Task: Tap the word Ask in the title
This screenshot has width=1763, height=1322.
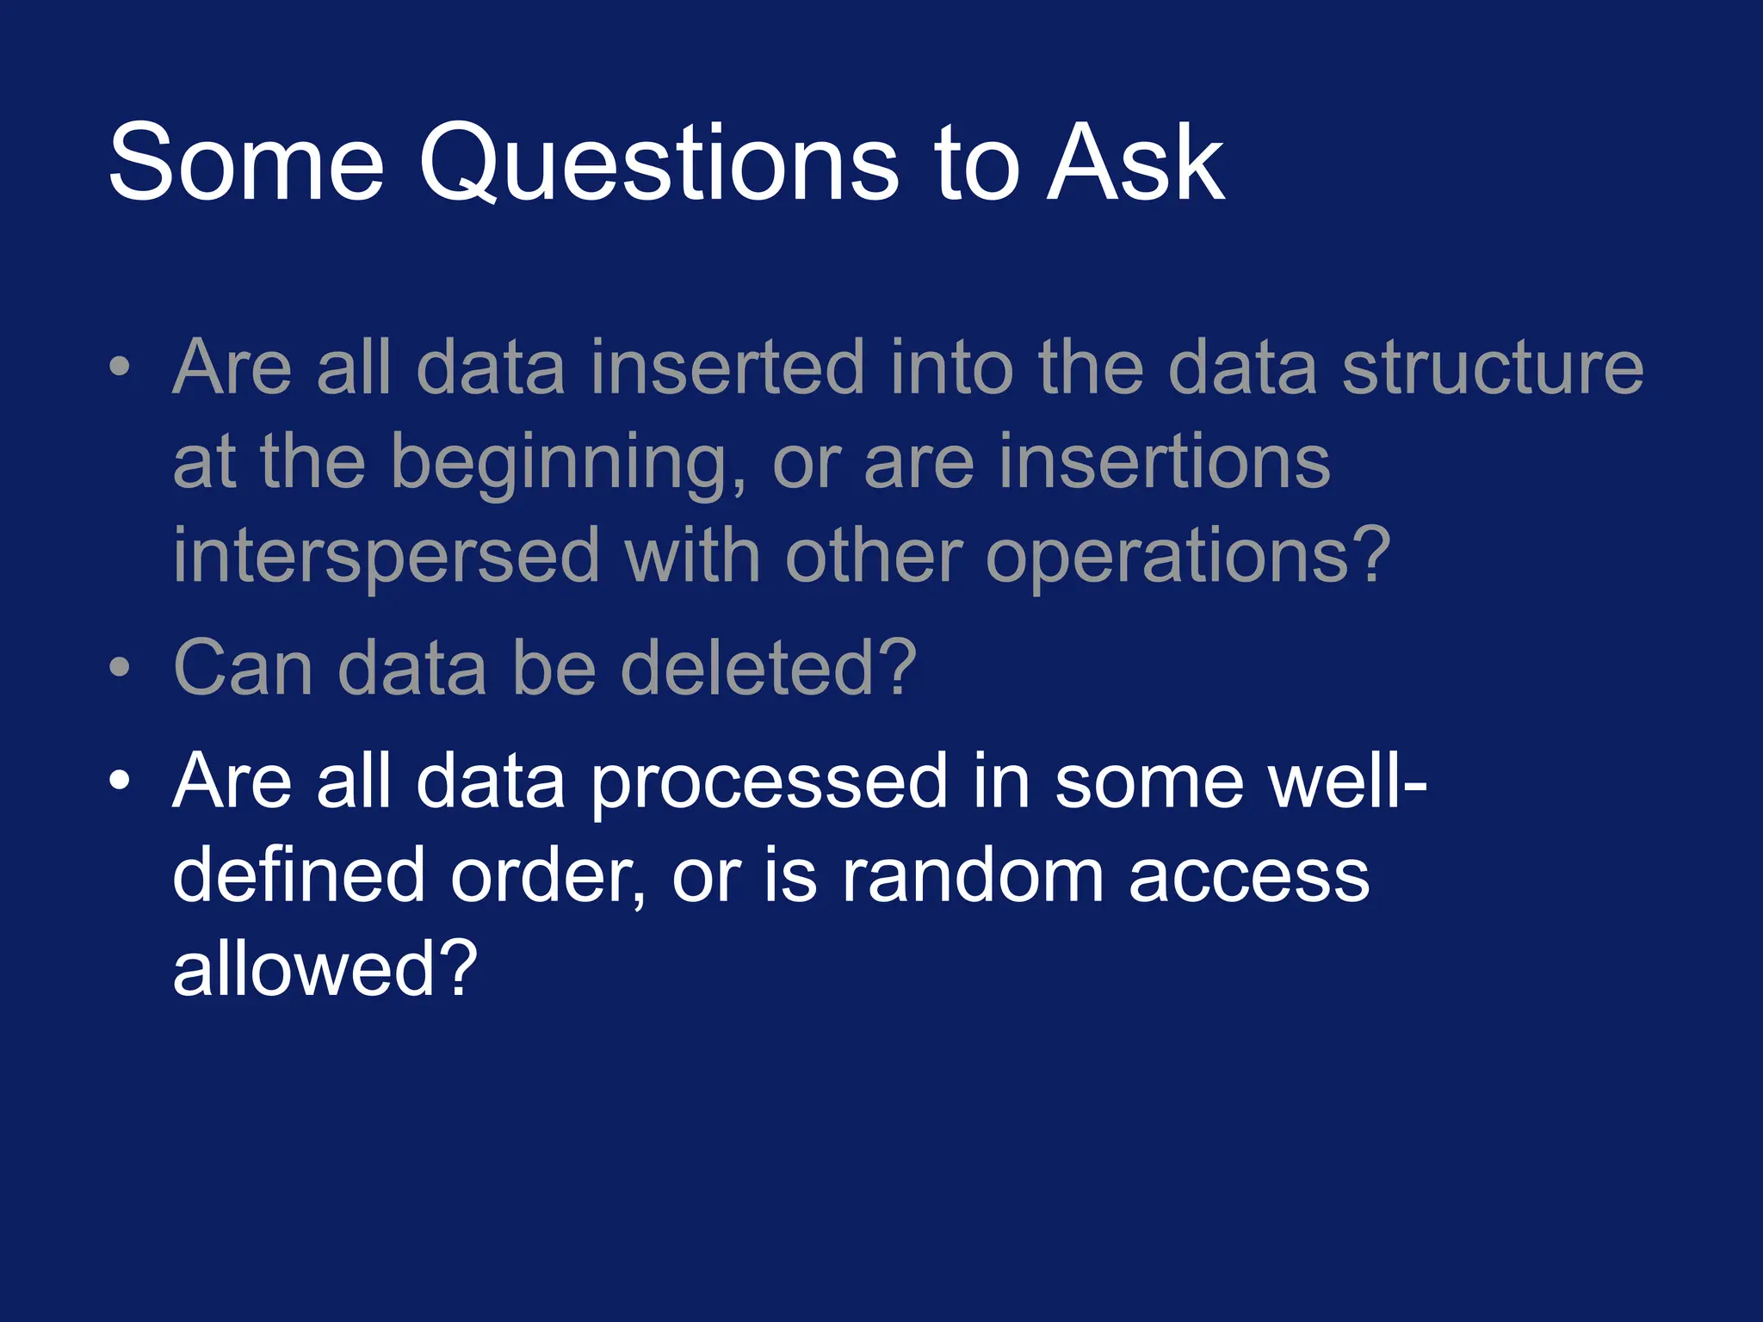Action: click(1134, 164)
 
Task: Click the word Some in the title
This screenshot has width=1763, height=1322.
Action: click(246, 164)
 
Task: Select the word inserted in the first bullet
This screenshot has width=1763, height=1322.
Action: click(727, 368)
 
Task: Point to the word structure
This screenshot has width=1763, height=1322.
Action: click(1493, 368)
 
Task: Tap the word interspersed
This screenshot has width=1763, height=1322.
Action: click(386, 558)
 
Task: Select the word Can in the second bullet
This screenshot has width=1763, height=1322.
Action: click(243, 669)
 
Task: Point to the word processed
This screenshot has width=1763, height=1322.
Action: click(770, 783)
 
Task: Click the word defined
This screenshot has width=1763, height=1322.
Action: click(299, 876)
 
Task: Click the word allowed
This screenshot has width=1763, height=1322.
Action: click(306, 969)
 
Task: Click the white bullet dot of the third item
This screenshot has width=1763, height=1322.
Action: click(120, 781)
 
